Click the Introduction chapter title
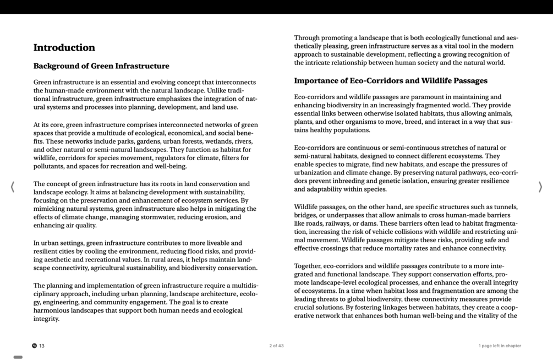(64, 48)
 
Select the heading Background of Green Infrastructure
(101, 66)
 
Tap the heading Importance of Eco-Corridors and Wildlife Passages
(390, 81)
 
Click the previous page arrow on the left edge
(13, 187)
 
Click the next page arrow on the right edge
(540, 187)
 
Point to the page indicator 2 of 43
(276, 346)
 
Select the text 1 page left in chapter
(499, 346)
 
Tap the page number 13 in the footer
(42, 346)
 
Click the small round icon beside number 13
(35, 346)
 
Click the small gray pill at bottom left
(18, 357)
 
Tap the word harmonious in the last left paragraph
(53, 310)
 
